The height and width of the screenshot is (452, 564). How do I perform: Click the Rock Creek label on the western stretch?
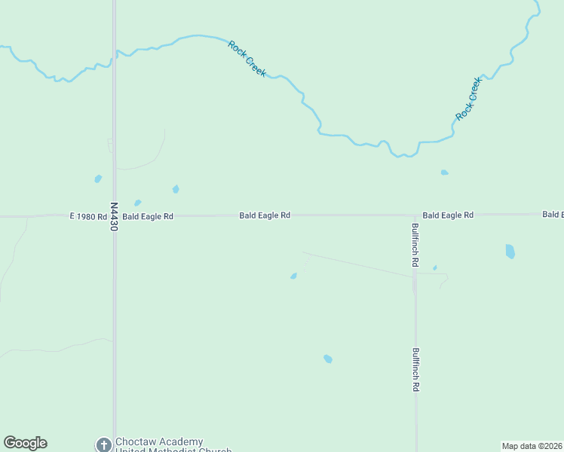pyautogui.click(x=247, y=58)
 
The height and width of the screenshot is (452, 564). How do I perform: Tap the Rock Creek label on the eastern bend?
pyautogui.click(x=468, y=99)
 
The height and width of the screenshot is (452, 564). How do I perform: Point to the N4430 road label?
pyautogui.click(x=114, y=215)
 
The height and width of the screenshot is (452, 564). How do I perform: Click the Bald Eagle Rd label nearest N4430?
pyautogui.click(x=148, y=216)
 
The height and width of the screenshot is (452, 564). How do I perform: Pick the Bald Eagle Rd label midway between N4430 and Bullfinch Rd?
pyautogui.click(x=265, y=215)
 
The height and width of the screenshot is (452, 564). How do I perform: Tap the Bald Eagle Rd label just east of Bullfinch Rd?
pyautogui.click(x=448, y=215)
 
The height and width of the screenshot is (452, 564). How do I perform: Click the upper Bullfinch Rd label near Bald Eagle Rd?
pyautogui.click(x=415, y=245)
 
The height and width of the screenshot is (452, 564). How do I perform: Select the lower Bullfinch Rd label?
pyautogui.click(x=415, y=368)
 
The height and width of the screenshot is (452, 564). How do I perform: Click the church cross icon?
pyautogui.click(x=103, y=445)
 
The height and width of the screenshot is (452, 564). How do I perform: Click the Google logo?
pyautogui.click(x=25, y=443)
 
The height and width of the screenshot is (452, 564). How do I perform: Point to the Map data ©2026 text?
pyautogui.click(x=532, y=446)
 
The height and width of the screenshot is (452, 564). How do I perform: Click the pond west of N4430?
pyautogui.click(x=98, y=179)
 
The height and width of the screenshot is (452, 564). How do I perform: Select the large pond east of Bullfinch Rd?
pyautogui.click(x=510, y=251)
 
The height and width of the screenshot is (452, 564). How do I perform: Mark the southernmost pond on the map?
pyautogui.click(x=328, y=359)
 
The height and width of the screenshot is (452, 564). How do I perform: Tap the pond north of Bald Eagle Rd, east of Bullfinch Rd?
pyautogui.click(x=444, y=173)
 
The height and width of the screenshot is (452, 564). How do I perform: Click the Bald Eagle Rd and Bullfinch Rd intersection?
pyautogui.click(x=415, y=215)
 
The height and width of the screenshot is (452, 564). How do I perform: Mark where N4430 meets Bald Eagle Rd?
pyautogui.click(x=114, y=216)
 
